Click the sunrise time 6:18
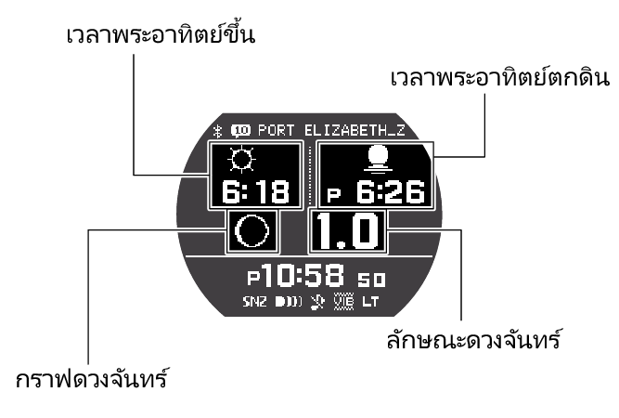(255, 191)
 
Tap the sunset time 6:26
(390, 192)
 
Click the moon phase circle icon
(251, 231)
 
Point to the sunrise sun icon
(241, 161)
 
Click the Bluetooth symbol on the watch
(216, 130)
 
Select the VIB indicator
(343, 302)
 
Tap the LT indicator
(371, 302)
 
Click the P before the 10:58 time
(254, 279)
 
